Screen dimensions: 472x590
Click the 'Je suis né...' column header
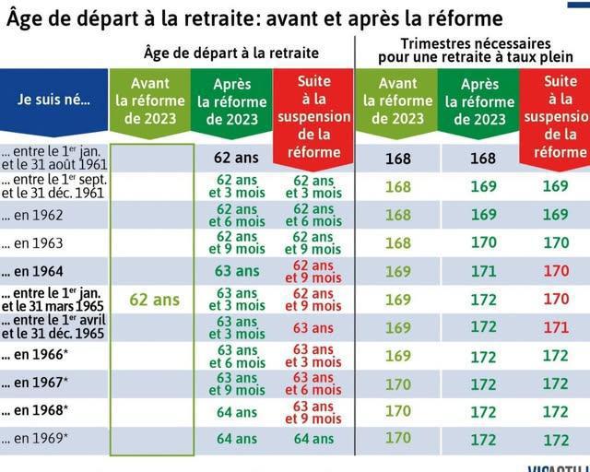click(x=53, y=99)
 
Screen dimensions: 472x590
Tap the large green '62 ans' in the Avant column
click(x=153, y=300)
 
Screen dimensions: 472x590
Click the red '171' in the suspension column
click(x=555, y=327)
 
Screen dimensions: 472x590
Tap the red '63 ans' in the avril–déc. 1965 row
click(x=313, y=327)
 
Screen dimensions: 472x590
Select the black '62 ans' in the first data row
click(x=234, y=159)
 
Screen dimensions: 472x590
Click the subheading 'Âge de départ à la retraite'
click(x=231, y=53)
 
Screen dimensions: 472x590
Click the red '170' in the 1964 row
click(x=555, y=272)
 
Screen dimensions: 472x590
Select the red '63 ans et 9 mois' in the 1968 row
click(x=313, y=411)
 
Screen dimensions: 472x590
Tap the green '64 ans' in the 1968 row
click(x=234, y=411)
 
